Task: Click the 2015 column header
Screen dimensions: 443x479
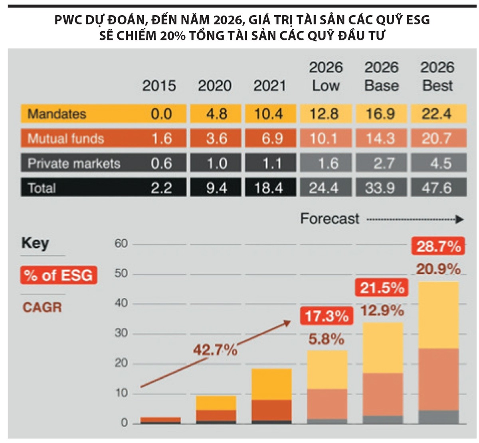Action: (159, 86)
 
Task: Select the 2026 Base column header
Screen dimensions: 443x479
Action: (381, 76)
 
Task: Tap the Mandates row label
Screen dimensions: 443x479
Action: (57, 114)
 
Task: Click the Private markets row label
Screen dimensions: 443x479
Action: (74, 163)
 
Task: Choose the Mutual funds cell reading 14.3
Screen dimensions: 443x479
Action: (380, 139)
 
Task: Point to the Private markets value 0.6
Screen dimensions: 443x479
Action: (161, 163)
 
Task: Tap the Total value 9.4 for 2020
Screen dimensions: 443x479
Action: (216, 188)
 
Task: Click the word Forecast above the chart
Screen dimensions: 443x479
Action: (330, 218)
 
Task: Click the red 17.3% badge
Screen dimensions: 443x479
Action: (327, 316)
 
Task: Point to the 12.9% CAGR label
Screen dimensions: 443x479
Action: (382, 310)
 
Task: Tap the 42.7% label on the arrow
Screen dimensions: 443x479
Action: (215, 350)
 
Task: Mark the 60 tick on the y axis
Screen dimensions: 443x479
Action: (121, 243)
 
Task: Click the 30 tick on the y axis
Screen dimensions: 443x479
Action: (121, 333)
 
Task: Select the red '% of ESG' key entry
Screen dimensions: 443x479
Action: (58, 275)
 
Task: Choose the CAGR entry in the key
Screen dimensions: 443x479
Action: (42, 307)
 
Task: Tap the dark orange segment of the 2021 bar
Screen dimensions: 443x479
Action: (271, 410)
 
